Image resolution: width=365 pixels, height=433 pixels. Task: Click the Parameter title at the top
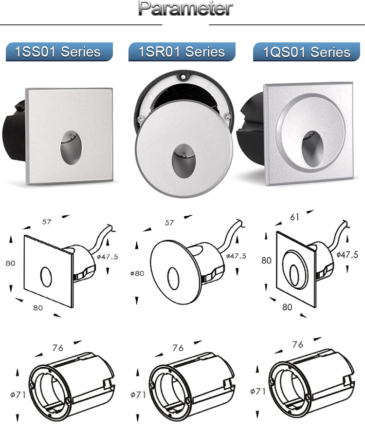(185, 8)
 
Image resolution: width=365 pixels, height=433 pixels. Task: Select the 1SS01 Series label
(57, 52)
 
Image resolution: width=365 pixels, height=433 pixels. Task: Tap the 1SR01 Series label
(182, 52)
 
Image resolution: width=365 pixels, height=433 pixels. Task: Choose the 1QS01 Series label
(307, 52)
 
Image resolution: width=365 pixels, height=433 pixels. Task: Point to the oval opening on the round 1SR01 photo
(183, 161)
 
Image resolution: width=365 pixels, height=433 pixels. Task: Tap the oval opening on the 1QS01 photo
(312, 149)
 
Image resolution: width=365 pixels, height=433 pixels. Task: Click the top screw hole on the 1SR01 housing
(182, 76)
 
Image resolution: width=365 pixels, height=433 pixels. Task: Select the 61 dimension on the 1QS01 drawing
(294, 217)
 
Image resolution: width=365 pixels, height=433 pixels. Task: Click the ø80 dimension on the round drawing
(137, 273)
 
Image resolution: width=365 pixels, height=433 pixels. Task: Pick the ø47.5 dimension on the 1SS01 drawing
(108, 257)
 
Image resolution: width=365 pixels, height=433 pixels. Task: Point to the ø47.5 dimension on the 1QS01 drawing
(347, 255)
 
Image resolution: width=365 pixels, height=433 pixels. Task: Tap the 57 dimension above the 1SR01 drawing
(169, 223)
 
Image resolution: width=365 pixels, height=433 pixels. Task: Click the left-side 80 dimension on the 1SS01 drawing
(11, 263)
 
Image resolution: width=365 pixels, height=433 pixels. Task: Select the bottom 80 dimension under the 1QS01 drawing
(287, 307)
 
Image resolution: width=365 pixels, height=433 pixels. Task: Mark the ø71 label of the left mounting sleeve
(18, 395)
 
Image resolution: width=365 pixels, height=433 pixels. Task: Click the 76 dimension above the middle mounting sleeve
(178, 348)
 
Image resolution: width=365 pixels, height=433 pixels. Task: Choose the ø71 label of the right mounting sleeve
(257, 391)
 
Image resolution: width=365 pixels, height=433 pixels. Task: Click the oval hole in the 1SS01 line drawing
(46, 277)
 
